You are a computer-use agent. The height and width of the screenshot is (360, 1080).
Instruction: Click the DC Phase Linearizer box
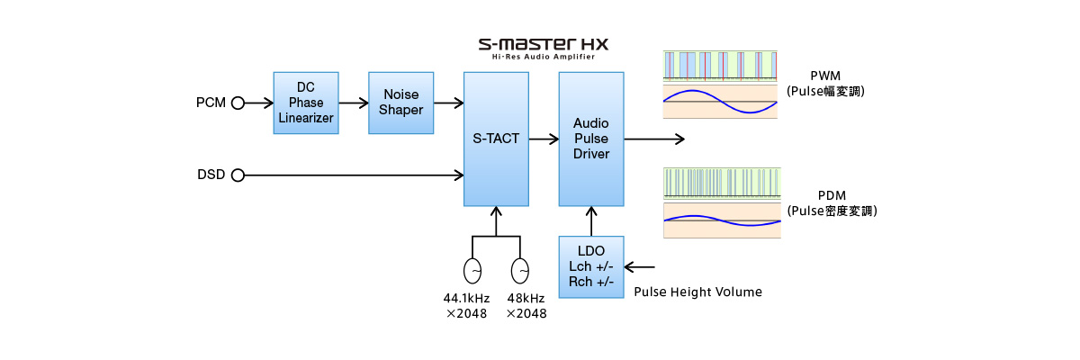(x=306, y=103)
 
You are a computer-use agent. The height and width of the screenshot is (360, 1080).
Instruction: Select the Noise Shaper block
(x=401, y=103)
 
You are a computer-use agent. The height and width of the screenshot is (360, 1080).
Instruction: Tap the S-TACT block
(x=496, y=139)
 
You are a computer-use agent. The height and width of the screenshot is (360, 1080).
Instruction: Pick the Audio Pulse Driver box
(x=591, y=139)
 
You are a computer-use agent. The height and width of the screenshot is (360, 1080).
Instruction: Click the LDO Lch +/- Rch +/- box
(x=591, y=266)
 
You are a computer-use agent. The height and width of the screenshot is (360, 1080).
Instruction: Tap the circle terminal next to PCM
(x=238, y=103)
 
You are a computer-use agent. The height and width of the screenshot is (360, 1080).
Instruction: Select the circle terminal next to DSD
(x=238, y=175)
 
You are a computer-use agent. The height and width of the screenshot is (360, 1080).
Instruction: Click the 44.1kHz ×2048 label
(x=466, y=306)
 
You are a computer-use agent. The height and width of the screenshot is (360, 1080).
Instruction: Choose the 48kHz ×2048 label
(x=526, y=306)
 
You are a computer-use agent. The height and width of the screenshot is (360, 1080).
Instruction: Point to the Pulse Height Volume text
(x=697, y=292)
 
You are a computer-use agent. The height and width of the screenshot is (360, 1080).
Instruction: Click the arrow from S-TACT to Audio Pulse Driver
(x=544, y=139)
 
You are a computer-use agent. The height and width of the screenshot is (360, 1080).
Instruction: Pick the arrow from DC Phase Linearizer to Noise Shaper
(x=354, y=103)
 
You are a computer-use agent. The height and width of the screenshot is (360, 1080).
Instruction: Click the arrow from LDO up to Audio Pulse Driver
(x=591, y=221)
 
